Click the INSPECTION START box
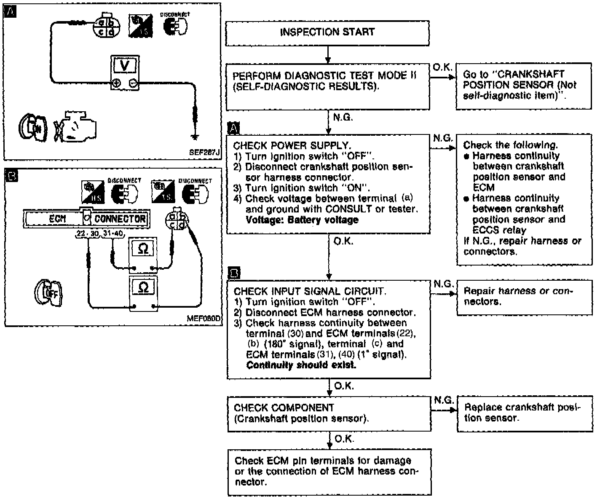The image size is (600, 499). coord(327,32)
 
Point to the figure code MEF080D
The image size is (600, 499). coord(204,319)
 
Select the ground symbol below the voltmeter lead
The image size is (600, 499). coord(195,136)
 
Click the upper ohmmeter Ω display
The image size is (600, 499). coord(143,249)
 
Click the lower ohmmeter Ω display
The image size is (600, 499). coord(143,288)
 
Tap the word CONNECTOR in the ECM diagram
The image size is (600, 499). coord(120,219)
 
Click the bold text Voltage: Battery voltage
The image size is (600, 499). coord(302,220)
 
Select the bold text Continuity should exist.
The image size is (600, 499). coord(301,365)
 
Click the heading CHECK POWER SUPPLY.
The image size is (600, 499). coord(292,145)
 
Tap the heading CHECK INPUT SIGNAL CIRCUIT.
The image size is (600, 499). coord(309,291)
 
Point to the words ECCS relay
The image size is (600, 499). coord(499,230)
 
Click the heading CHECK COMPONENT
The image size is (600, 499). coord(284,408)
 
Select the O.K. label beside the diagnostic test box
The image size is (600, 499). coord(442,67)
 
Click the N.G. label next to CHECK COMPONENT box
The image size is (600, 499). coord(443,400)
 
